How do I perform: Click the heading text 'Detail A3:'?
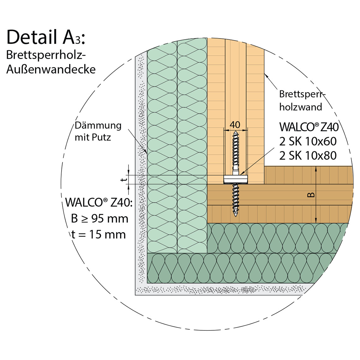point(46,37)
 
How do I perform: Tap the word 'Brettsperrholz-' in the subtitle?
point(46,55)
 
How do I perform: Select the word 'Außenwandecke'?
point(51,69)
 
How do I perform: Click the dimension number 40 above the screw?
point(235,125)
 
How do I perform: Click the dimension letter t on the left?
point(124,180)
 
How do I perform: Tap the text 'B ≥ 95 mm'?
point(99,219)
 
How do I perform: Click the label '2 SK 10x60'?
point(308,141)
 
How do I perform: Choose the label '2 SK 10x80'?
point(308,156)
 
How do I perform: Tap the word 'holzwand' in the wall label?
point(301,107)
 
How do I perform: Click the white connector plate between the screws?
point(236,180)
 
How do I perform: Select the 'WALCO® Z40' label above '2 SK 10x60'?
point(309,127)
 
